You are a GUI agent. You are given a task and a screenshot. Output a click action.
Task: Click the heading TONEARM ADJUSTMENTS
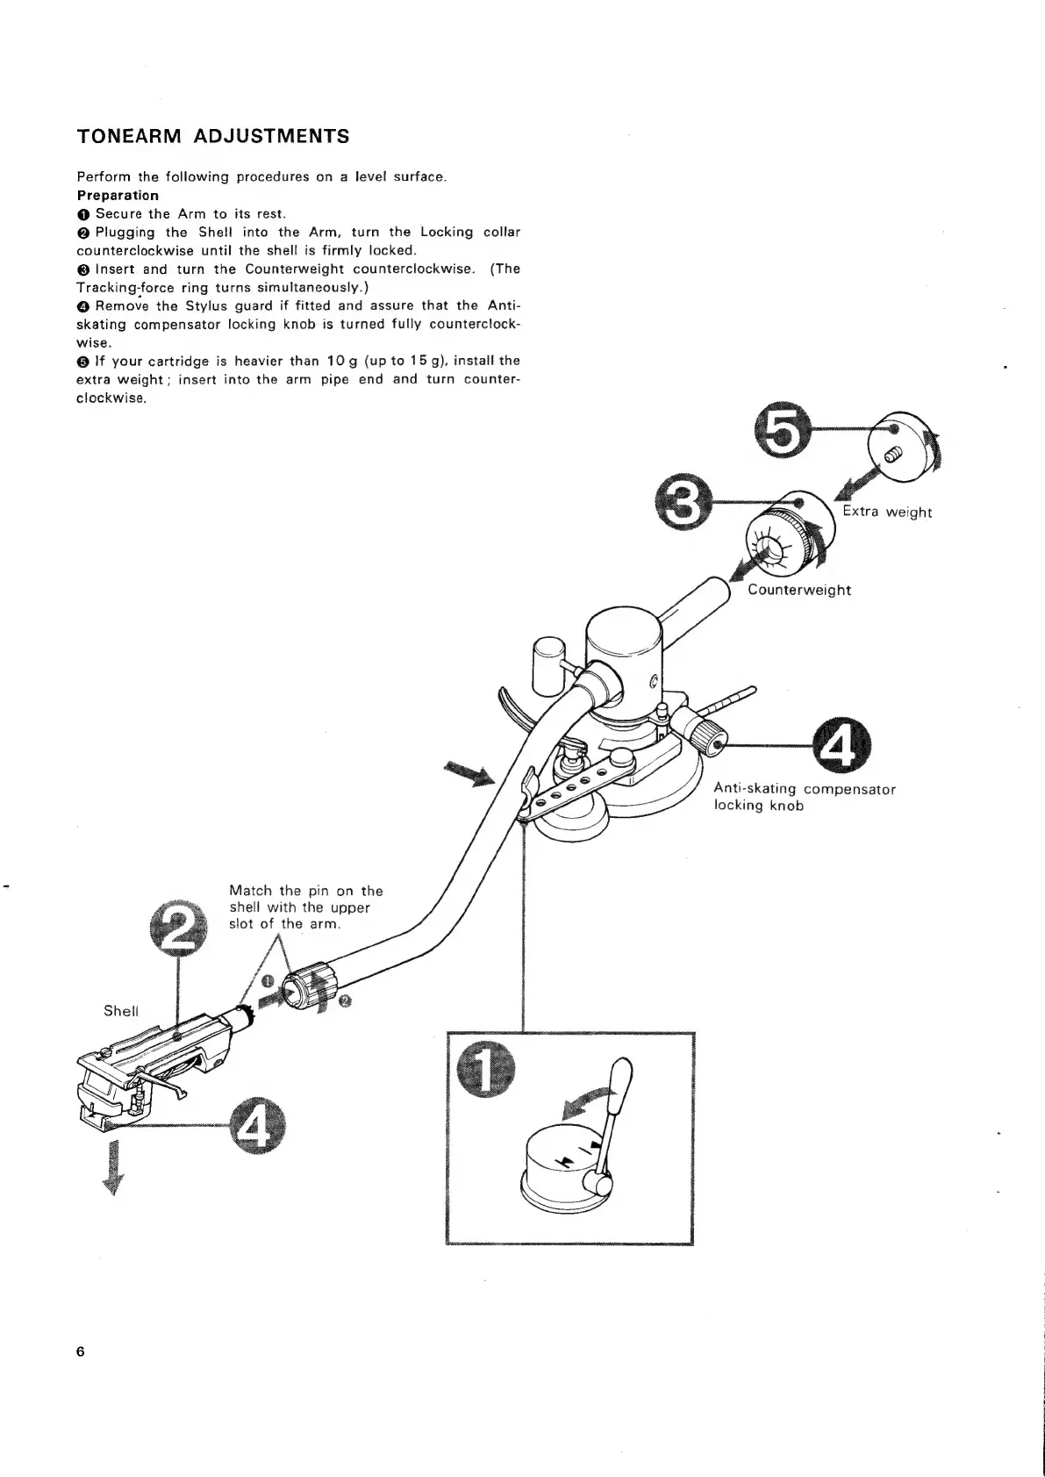213,136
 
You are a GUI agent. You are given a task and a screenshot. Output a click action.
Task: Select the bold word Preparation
118,195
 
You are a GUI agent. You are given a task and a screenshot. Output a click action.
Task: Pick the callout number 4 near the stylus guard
255,1126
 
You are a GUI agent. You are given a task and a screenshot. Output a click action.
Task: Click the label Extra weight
887,513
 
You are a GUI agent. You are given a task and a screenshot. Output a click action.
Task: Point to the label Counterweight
799,590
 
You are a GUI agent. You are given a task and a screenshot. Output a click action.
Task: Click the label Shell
121,1010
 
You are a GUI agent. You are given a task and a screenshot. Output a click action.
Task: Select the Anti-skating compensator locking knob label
804,797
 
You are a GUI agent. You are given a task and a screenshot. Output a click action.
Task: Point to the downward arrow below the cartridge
111,1167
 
